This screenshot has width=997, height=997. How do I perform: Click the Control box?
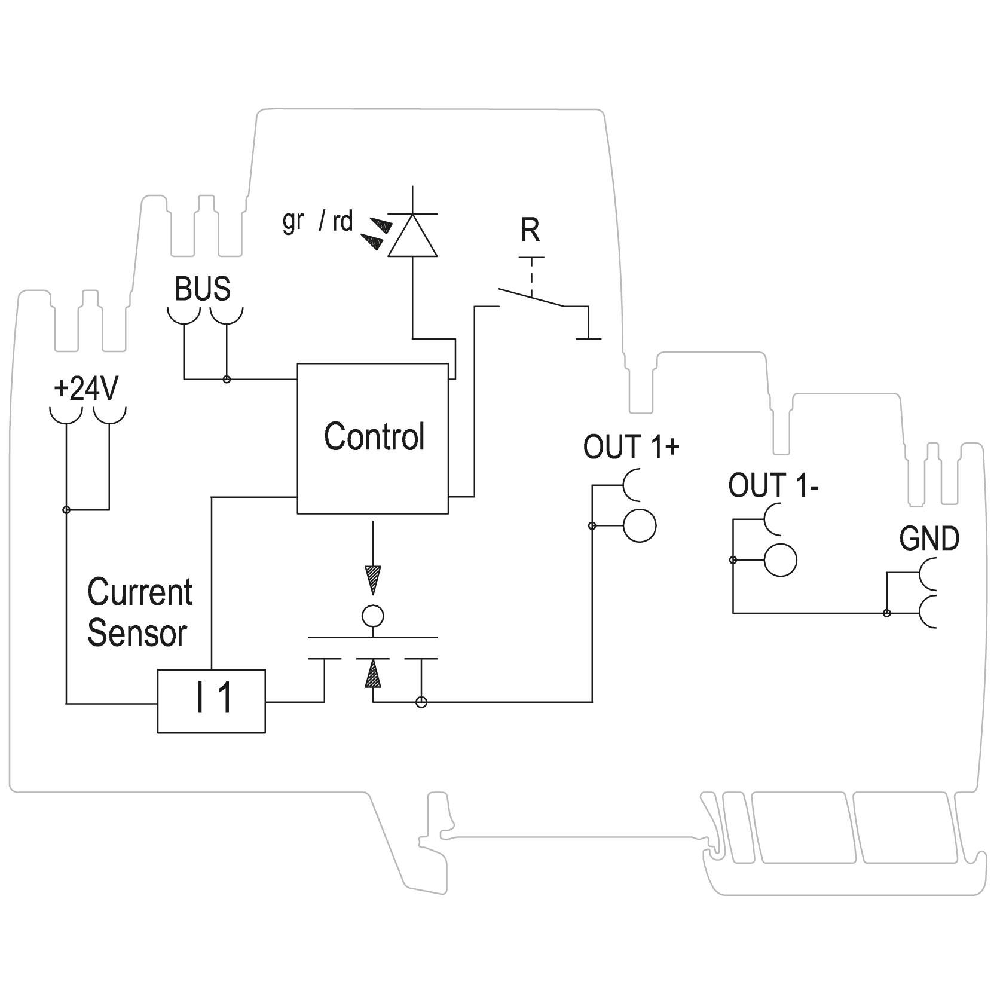372,438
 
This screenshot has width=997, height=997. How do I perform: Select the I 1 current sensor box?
211,701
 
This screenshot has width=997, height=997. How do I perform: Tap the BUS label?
203,289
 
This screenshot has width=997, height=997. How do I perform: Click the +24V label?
86,389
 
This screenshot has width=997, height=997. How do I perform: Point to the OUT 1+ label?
631,447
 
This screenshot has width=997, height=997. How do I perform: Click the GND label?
929,539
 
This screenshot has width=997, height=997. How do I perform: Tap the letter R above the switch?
530,230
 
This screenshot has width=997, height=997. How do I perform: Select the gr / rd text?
318,222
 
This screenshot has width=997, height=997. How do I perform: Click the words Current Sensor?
139,612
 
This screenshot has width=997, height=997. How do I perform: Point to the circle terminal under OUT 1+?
639,525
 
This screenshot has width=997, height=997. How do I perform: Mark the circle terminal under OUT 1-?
781,560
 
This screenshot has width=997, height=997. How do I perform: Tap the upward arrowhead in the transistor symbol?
373,673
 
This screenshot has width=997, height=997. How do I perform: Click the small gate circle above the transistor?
373,615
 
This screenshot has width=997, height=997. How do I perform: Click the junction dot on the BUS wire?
227,379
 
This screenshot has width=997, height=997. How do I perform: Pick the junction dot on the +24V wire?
66,510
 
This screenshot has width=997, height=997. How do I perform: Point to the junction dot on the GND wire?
887,613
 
